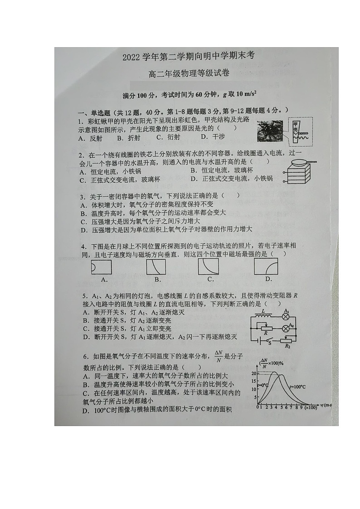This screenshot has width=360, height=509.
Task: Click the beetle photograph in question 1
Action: pyautogui.click(x=270, y=131)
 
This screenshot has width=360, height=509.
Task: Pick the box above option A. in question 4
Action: pyautogui.click(x=102, y=267)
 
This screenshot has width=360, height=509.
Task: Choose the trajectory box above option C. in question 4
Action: pyautogui.click(x=208, y=267)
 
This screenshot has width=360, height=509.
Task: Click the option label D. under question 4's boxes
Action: pyautogui.click(x=268, y=279)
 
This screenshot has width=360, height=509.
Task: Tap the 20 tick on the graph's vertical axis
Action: pyautogui.click(x=254, y=373)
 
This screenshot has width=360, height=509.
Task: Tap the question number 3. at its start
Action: pyautogui.click(x=83, y=197)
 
